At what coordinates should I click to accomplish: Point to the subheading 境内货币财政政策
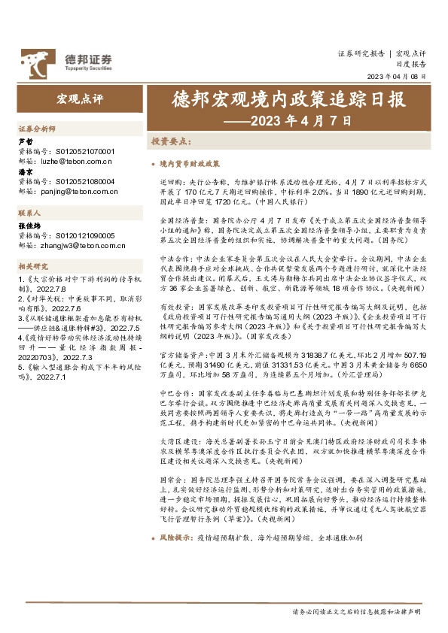click(190, 162)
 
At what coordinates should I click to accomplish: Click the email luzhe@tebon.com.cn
click(75, 160)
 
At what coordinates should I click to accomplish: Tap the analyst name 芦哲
click(25, 141)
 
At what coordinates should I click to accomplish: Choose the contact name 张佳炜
click(29, 226)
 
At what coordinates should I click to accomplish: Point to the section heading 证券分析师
click(37, 129)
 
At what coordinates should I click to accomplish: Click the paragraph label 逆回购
click(171, 181)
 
